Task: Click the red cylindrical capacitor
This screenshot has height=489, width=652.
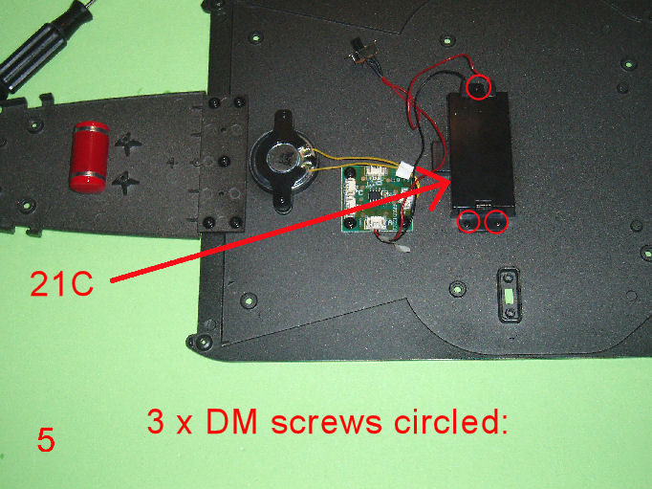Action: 89,157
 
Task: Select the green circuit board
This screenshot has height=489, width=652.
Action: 377,198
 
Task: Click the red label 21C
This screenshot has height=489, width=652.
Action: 61,284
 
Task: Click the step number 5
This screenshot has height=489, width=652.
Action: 46,440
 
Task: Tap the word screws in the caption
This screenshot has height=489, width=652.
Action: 326,422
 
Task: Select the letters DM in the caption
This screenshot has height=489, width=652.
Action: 231,421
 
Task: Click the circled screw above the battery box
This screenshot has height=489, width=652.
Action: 478,88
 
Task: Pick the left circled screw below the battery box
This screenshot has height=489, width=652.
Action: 468,222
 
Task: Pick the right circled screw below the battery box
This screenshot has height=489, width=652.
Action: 496,222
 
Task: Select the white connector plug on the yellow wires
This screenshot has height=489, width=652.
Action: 404,169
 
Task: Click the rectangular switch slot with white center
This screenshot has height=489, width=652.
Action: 509,295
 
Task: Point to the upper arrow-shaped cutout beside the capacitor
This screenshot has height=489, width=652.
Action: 128,144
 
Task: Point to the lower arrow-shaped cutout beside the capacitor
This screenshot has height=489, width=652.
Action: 127,183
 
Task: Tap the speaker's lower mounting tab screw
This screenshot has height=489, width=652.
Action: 283,202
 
